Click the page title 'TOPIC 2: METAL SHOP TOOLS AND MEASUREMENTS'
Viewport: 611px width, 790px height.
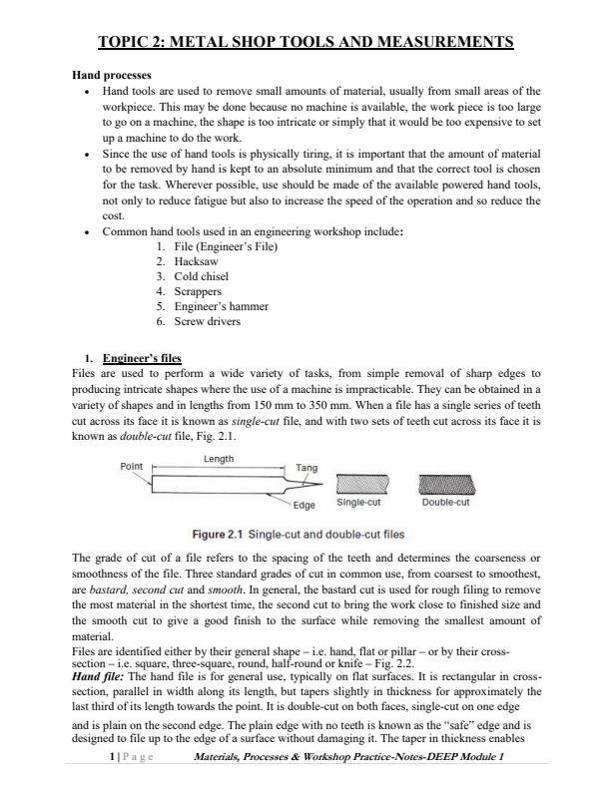pyautogui.click(x=305, y=42)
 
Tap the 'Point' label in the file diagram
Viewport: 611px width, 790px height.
pyautogui.click(x=132, y=466)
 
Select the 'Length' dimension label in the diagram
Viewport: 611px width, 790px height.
pyautogui.click(x=219, y=459)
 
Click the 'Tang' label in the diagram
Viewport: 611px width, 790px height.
pyautogui.click(x=306, y=467)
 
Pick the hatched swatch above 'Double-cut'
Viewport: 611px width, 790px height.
pyautogui.click(x=445, y=486)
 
